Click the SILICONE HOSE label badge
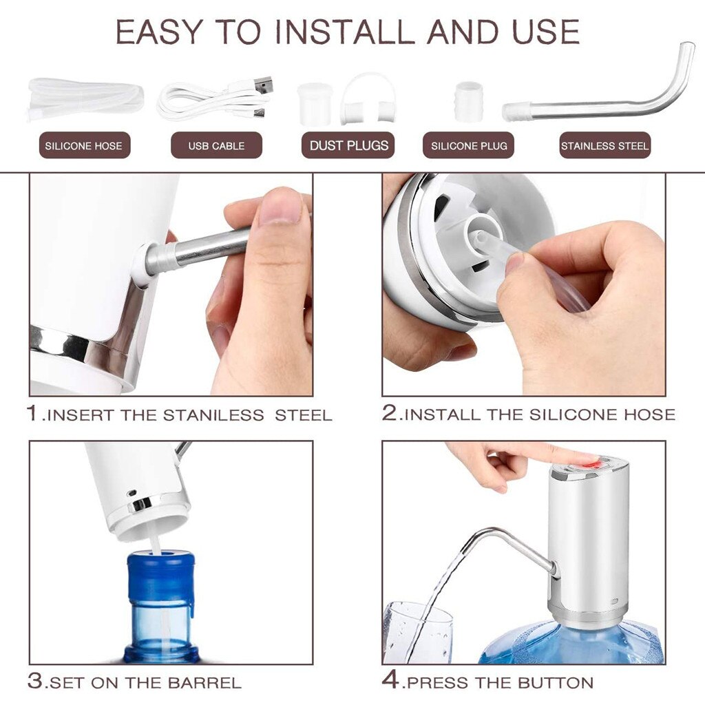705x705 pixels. tap(85, 145)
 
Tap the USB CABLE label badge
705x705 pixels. tap(216, 145)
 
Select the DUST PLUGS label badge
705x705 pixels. tap(348, 145)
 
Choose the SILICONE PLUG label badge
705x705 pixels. tap(468, 145)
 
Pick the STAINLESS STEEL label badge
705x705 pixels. tap(604, 145)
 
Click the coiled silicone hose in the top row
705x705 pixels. tap(85, 99)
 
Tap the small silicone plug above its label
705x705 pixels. tap(468, 102)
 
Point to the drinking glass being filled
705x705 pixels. tap(418, 632)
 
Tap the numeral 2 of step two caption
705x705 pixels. tap(390, 412)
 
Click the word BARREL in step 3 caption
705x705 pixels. tap(204, 684)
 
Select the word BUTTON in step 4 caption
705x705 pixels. tap(556, 683)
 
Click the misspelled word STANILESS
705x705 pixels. tap(213, 414)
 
